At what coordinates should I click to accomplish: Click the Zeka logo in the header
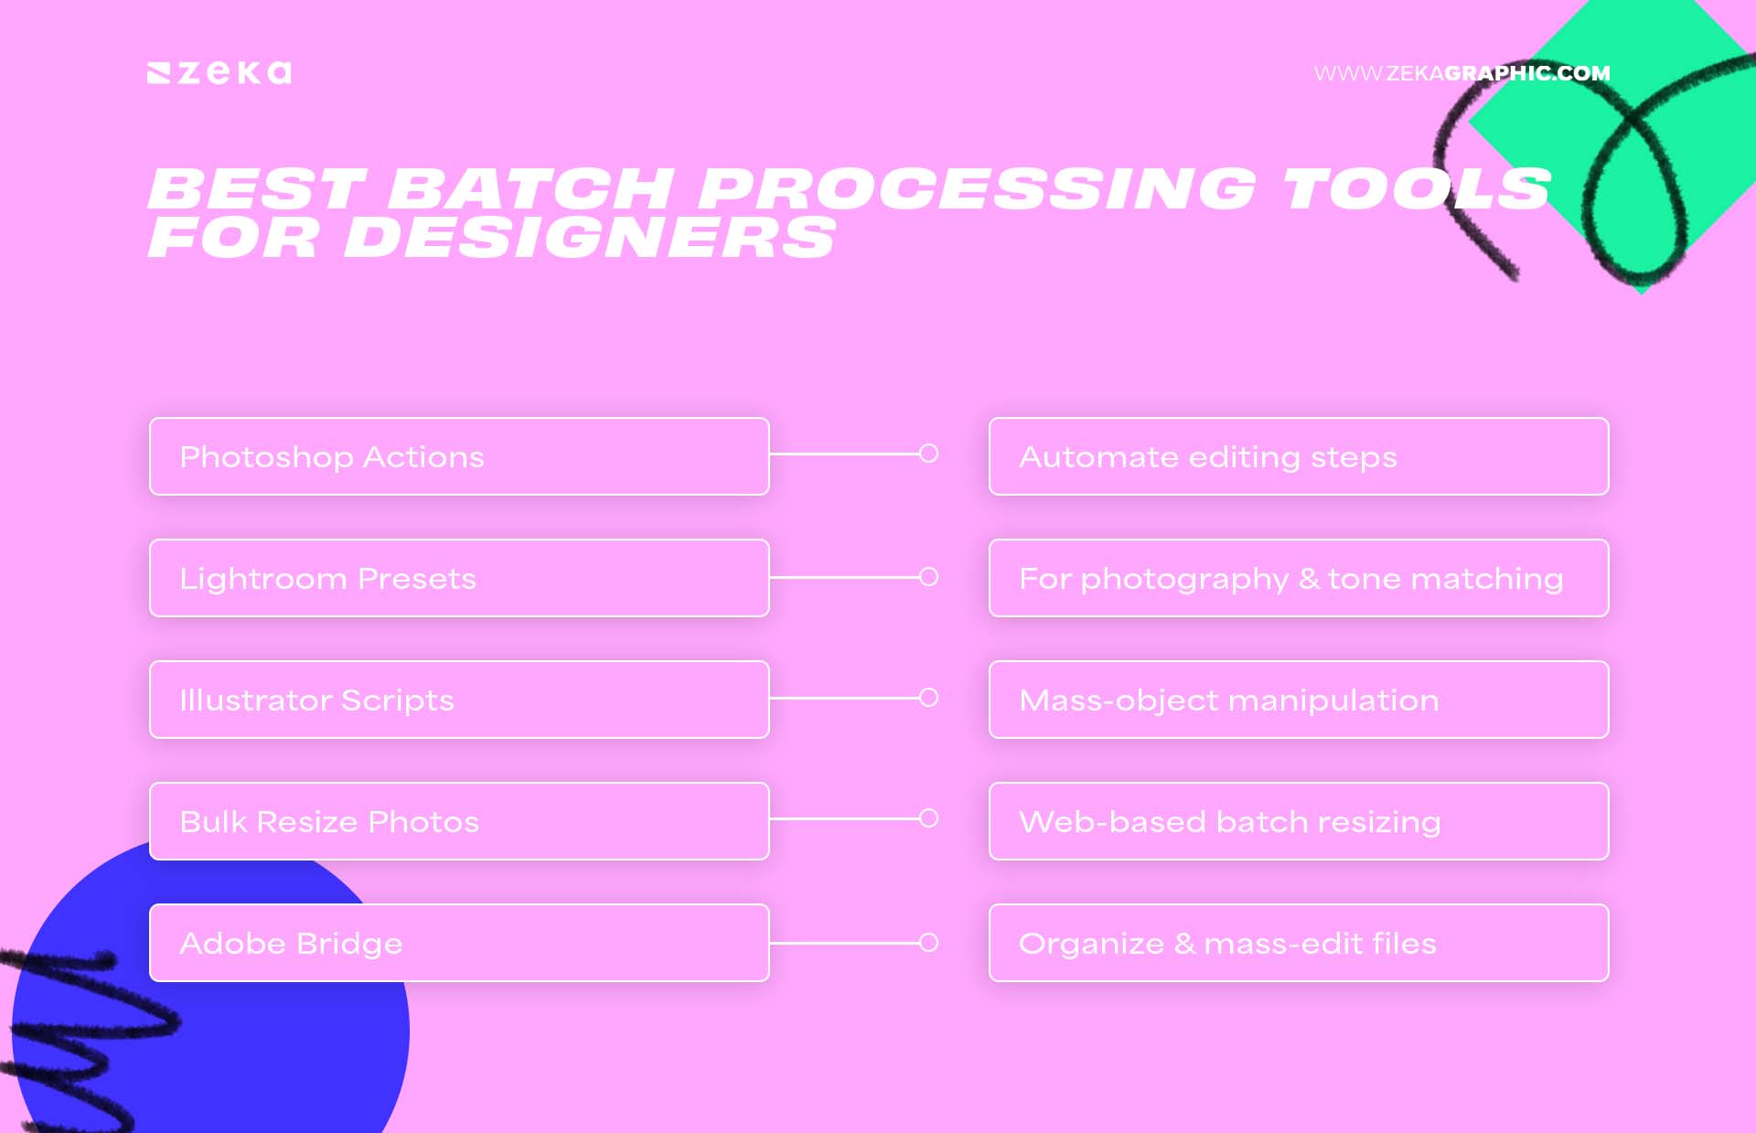pyautogui.click(x=219, y=73)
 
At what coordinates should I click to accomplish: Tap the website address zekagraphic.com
pyautogui.click(x=1462, y=73)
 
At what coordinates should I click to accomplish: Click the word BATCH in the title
pyautogui.click(x=531, y=188)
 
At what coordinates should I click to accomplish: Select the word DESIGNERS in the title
pyautogui.click(x=589, y=238)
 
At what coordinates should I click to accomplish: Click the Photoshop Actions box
pyautogui.click(x=459, y=456)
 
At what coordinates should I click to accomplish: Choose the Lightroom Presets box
pyautogui.click(x=459, y=578)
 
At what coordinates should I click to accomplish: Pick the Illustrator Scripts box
pyautogui.click(x=459, y=700)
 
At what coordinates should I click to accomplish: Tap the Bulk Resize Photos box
pyautogui.click(x=459, y=821)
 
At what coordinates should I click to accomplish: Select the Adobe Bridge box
pyautogui.click(x=459, y=943)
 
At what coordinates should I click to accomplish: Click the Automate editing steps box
pyautogui.click(x=1299, y=456)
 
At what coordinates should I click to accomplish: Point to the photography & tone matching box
pyautogui.click(x=1299, y=578)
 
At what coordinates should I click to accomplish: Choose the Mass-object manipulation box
pyautogui.click(x=1299, y=700)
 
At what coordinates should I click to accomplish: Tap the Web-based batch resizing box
pyautogui.click(x=1299, y=821)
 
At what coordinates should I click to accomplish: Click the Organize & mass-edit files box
pyautogui.click(x=1299, y=943)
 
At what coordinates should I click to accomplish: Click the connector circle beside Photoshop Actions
pyautogui.click(x=928, y=454)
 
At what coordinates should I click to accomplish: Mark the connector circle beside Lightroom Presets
pyautogui.click(x=928, y=577)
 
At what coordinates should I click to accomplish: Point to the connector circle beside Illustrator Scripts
pyautogui.click(x=928, y=698)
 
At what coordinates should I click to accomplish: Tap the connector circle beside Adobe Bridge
pyautogui.click(x=928, y=943)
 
